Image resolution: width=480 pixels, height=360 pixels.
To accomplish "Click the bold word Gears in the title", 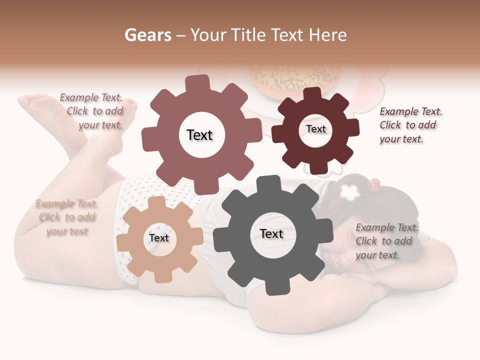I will (147, 35).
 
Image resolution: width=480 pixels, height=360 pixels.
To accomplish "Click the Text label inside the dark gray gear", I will (271, 233).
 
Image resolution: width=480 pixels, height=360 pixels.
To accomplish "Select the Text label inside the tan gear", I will (159, 238).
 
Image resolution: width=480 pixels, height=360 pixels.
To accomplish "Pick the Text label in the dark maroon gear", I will (315, 129).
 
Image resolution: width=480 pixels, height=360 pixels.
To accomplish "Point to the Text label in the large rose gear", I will (199, 135).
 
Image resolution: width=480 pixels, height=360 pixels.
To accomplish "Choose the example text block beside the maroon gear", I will (410, 125).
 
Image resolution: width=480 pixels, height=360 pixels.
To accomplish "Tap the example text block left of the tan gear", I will (67, 217).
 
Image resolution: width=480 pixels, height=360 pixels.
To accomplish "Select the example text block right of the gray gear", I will (386, 241).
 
